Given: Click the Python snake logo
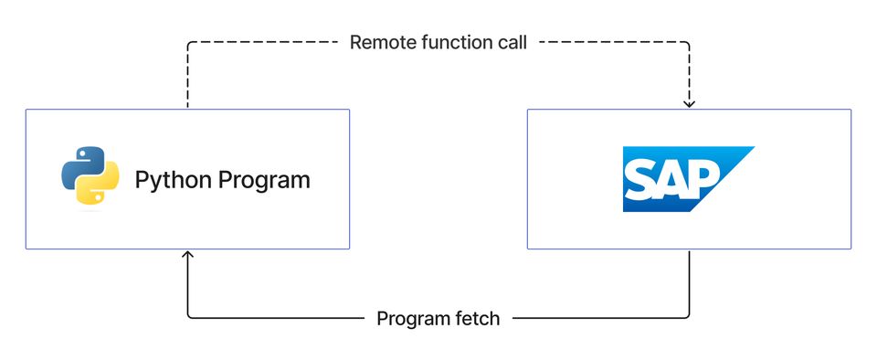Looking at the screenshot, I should click(90, 179).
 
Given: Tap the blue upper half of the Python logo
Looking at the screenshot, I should click(80, 166).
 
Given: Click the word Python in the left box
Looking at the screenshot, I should click(173, 180).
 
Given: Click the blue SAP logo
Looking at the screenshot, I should click(687, 179).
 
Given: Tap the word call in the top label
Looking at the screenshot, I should click(512, 42).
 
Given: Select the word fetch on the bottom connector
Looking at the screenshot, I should click(479, 319).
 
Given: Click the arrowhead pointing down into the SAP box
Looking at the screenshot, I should click(690, 104).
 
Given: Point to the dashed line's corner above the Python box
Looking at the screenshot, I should click(188, 42).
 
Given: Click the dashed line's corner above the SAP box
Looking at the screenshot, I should click(690, 42).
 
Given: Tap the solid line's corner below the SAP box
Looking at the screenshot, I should click(690, 318).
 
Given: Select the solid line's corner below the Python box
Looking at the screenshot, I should click(188, 318).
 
